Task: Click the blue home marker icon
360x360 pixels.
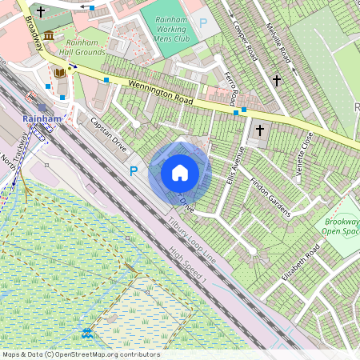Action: point(180,172)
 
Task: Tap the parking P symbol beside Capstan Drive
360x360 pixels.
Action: point(134,171)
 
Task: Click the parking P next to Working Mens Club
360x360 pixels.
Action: point(202,25)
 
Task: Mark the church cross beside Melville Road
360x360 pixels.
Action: point(277,80)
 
